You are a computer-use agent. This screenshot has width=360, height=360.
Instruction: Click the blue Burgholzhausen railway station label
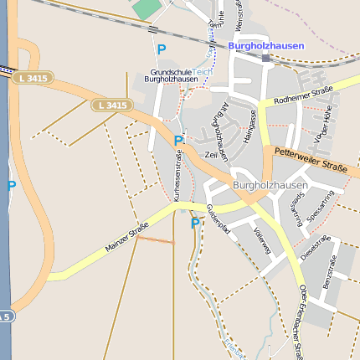(x=266, y=45)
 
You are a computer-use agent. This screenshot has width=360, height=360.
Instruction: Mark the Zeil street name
(x=211, y=155)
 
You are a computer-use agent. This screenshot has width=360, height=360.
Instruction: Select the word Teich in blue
(x=203, y=72)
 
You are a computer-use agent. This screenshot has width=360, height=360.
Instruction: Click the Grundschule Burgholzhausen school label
(x=171, y=75)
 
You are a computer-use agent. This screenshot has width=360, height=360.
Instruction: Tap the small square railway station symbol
(x=266, y=59)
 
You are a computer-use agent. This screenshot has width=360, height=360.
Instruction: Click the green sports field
(x=147, y=8)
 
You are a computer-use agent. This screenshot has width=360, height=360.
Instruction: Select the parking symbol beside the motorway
(x=11, y=185)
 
